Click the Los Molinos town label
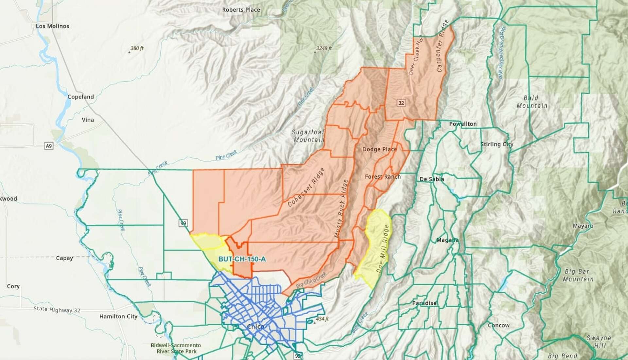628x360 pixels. point(52,26)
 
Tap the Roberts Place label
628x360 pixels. point(241,10)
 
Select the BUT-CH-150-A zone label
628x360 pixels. point(242,259)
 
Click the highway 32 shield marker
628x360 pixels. point(401,103)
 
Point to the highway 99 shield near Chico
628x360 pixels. point(183,224)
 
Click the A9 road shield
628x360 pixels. point(49,146)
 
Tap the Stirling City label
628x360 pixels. point(497,144)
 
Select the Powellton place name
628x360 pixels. point(462,124)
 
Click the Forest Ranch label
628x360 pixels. point(383,177)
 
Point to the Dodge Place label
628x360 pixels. point(379,149)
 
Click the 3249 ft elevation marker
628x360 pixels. point(323,48)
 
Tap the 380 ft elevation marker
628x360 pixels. point(136,48)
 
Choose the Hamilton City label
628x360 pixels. point(118,316)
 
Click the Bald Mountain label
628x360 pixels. point(532,102)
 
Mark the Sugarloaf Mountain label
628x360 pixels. point(308,136)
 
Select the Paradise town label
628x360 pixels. point(424,303)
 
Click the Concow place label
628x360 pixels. point(498,325)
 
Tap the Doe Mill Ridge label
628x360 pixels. point(383,249)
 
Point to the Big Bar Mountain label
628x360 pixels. point(578,275)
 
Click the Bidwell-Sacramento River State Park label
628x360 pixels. point(176,348)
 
